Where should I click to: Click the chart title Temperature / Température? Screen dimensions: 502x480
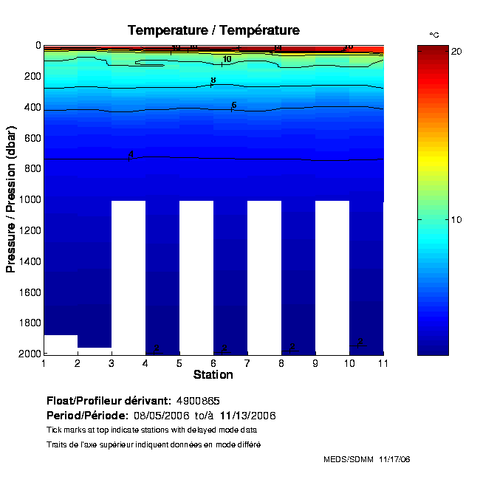point(213,30)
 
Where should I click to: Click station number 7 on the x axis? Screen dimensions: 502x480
point(247,363)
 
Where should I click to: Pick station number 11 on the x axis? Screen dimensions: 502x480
point(383,363)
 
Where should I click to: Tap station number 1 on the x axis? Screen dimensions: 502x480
point(44,363)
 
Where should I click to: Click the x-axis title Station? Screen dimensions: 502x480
point(213,375)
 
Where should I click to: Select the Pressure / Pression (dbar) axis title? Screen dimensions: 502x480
point(11,199)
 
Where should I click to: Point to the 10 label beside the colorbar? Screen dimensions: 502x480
point(456,220)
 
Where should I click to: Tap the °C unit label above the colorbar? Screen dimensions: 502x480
point(434,35)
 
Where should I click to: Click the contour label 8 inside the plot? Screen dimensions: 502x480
point(213,80)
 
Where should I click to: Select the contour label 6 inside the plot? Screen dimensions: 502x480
point(233,106)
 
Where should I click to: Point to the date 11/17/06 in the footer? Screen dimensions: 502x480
point(394,459)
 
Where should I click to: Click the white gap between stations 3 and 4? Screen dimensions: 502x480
point(128,277)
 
